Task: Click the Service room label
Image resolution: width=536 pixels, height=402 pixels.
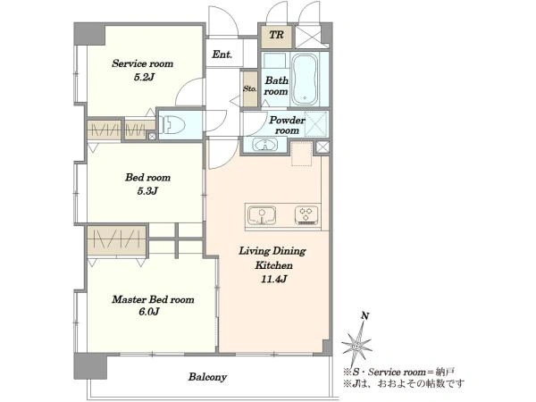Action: click(143, 63)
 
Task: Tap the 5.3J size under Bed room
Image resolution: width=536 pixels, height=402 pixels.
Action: click(147, 191)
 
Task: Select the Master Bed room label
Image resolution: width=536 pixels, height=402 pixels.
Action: click(153, 299)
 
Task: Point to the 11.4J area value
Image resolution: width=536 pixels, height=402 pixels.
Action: click(274, 279)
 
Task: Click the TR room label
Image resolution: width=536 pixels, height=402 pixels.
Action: click(276, 35)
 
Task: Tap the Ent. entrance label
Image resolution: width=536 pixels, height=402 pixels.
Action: click(222, 54)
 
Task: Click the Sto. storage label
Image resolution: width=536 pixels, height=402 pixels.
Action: click(249, 88)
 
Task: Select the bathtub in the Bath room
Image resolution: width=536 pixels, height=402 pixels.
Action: click(306, 80)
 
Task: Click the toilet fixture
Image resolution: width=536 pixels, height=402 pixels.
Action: click(173, 124)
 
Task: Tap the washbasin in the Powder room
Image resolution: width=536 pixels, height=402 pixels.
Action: click(265, 145)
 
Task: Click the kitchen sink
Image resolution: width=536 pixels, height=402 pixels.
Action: click(262, 215)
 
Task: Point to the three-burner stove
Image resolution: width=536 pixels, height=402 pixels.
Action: click(306, 215)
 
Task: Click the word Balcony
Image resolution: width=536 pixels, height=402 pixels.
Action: click(207, 377)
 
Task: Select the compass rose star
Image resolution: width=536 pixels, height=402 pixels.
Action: click(356, 346)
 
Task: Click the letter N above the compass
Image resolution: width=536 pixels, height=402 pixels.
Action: click(365, 316)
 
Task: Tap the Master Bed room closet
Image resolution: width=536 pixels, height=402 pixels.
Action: click(116, 240)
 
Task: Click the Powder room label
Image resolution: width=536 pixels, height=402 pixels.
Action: click(287, 125)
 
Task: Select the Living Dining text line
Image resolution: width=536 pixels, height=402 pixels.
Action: click(272, 251)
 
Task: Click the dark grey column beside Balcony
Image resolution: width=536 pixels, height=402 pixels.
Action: click(90, 366)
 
